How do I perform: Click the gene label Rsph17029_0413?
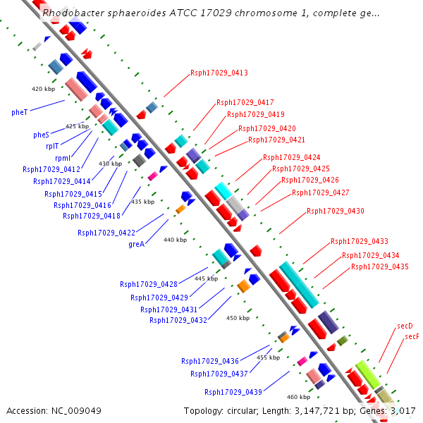click(x=219, y=73)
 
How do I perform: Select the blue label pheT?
click(x=19, y=112)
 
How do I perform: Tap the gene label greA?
click(x=136, y=244)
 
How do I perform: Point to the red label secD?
click(x=405, y=326)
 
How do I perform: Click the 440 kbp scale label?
click(x=175, y=240)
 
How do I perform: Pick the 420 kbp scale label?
click(x=43, y=89)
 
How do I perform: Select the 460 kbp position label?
click(x=298, y=396)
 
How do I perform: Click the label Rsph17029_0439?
click(x=233, y=392)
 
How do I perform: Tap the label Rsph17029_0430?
click(x=336, y=211)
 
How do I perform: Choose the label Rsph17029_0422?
click(x=106, y=232)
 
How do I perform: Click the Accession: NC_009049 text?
click(x=54, y=410)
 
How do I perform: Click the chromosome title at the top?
click(x=211, y=13)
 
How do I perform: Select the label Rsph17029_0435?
click(x=380, y=266)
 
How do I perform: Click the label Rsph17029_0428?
click(x=149, y=284)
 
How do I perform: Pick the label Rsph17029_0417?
click(x=245, y=103)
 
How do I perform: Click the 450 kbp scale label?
click(x=238, y=318)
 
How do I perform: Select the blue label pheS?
click(x=41, y=135)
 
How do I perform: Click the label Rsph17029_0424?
click(x=292, y=157)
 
